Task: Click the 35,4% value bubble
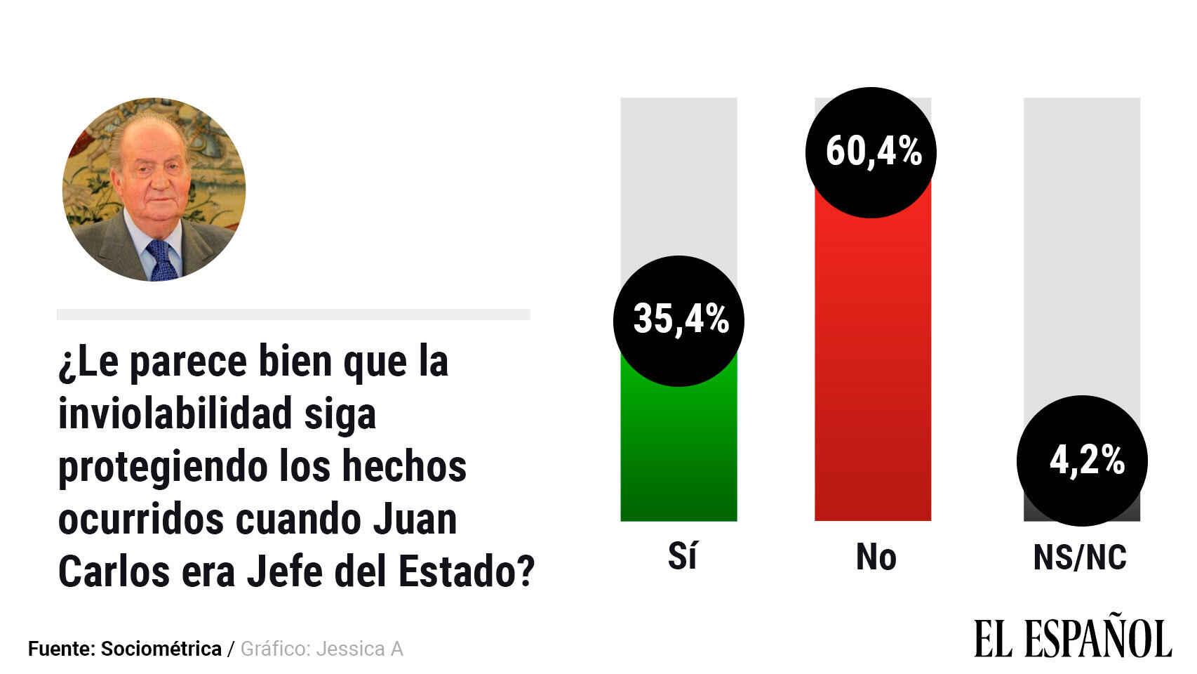click(678, 321)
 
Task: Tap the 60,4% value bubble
click(871, 152)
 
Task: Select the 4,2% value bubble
click(1082, 461)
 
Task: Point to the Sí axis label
click(682, 557)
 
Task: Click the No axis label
click(876, 557)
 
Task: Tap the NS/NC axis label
click(1080, 557)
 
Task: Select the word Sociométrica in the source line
click(161, 649)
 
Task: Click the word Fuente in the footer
click(62, 649)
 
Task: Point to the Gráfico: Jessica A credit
click(322, 649)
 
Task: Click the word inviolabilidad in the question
click(175, 414)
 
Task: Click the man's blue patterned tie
click(161, 260)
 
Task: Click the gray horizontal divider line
click(293, 315)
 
